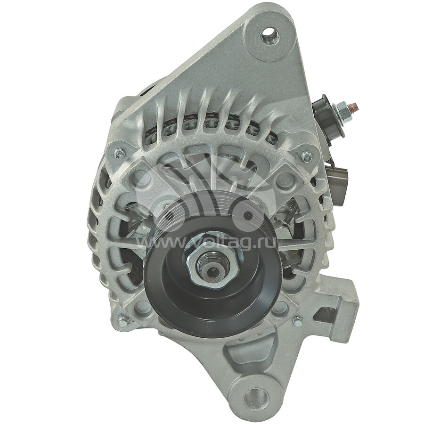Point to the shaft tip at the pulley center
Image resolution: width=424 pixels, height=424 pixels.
(x=213, y=269)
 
